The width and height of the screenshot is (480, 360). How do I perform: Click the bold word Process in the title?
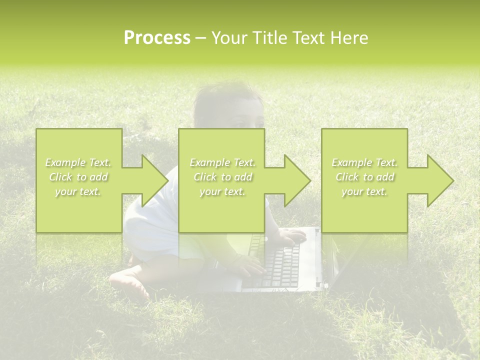[x=157, y=38]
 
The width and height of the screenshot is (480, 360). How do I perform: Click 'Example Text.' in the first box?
[x=78, y=162]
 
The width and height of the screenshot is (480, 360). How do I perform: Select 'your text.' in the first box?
[x=78, y=191]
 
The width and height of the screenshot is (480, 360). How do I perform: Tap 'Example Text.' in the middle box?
[x=222, y=162]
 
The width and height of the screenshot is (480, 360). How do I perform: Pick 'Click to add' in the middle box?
[x=222, y=177]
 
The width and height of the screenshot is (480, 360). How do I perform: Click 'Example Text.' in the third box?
[x=364, y=162]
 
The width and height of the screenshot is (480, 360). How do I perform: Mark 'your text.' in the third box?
[x=364, y=191]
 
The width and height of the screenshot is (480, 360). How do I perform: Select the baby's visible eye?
[x=244, y=121]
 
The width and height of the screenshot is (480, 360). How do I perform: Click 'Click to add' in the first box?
[x=78, y=177]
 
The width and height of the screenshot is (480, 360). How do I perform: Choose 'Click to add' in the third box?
[x=364, y=177]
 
